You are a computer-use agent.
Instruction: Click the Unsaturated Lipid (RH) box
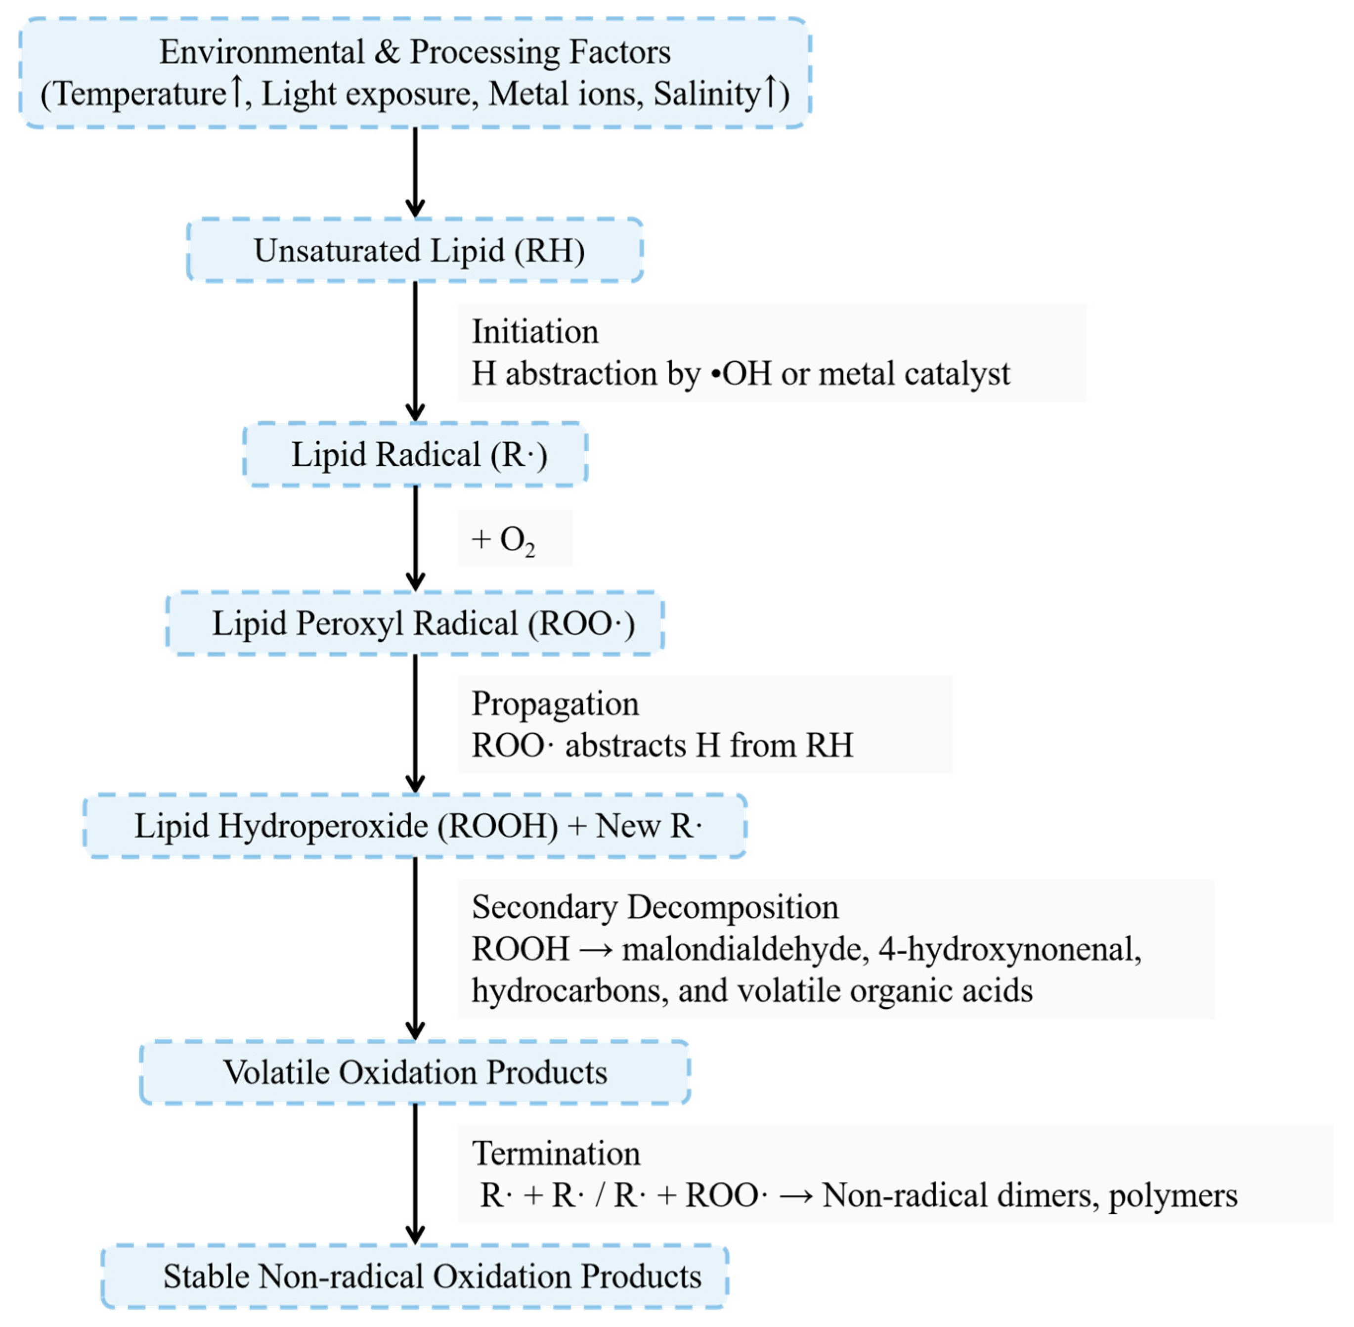point(418,251)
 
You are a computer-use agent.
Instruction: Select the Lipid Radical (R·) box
point(418,454)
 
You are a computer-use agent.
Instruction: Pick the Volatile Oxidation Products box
point(415,1072)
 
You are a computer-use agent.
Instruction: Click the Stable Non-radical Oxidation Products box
point(432,1276)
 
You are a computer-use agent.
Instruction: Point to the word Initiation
point(535,332)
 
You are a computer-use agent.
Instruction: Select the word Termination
point(556,1153)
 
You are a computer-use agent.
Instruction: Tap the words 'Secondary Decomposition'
point(655,907)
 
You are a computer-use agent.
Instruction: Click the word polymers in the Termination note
point(1173,1196)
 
